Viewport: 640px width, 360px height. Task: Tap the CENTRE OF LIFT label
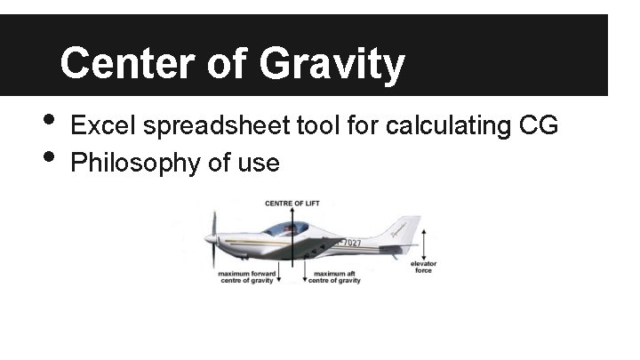[x=292, y=204]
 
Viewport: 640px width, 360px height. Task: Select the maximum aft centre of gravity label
[x=334, y=277]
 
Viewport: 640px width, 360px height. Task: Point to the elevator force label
[x=423, y=267]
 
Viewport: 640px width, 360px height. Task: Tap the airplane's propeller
[x=213, y=237]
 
